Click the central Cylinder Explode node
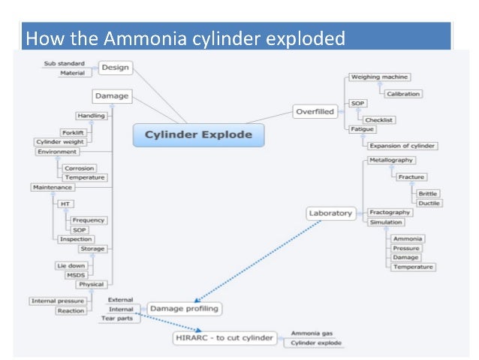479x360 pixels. coord(198,135)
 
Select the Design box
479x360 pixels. coord(115,68)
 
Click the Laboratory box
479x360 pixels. coord(330,213)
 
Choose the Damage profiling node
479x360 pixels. coord(184,308)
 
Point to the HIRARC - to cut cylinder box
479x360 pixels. coord(223,337)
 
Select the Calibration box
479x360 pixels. coord(404,94)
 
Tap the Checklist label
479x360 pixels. coord(379,119)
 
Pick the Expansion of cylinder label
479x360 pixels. coord(402,146)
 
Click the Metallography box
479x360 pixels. coord(391,160)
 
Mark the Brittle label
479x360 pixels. coord(429,193)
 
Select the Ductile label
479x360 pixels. coord(429,203)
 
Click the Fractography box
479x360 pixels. coord(389,213)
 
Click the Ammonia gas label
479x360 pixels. coord(311,333)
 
